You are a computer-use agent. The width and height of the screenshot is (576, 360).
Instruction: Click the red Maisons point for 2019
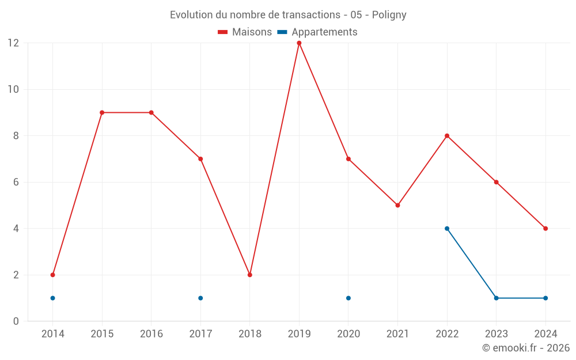pos(299,43)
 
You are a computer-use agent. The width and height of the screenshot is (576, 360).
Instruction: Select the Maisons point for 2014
pos(52,275)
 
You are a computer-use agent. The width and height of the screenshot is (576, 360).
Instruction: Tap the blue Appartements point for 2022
pos(447,229)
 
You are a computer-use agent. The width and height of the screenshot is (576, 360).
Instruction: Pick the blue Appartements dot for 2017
pos(200,298)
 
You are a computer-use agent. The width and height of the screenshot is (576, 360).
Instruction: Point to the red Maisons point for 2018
pos(250,275)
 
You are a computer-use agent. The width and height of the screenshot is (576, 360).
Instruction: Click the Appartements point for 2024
pos(545,298)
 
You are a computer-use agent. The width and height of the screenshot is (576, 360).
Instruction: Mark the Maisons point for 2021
pos(397,205)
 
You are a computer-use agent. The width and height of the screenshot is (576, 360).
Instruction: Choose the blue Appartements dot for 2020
pos(348,298)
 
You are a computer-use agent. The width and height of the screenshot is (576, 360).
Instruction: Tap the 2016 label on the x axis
pos(151,334)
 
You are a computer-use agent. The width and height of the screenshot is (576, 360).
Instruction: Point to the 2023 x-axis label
pos(496,334)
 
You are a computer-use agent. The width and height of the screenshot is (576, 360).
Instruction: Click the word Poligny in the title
pos(389,15)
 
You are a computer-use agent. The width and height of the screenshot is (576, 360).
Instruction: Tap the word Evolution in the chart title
pos(192,15)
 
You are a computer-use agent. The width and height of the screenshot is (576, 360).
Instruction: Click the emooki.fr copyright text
pos(525,348)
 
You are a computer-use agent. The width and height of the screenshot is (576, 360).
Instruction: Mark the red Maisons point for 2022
pos(447,136)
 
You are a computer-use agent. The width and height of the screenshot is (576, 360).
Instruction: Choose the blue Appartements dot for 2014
pos(52,298)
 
